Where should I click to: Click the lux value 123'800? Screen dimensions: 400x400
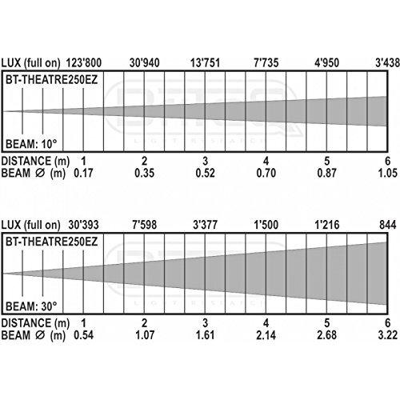[84, 63]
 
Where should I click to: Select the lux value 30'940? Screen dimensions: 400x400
[145, 63]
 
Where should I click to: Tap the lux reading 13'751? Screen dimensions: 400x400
[205, 63]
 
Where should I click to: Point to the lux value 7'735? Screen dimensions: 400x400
[266, 63]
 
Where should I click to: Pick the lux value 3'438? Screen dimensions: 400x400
[387, 63]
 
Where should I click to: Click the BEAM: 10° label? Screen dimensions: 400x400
[31, 144]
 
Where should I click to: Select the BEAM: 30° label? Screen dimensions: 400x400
[31, 306]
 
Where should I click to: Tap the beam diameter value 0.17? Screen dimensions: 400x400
[83, 173]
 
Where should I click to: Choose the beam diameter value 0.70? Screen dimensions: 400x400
[266, 173]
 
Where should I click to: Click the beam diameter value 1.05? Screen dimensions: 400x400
[388, 173]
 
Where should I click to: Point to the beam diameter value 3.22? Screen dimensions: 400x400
[388, 335]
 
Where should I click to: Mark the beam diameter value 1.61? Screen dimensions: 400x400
[205, 335]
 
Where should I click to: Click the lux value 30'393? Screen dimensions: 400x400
[83, 225]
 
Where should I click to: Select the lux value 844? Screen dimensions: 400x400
[388, 225]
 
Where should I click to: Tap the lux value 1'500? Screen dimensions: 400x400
[266, 225]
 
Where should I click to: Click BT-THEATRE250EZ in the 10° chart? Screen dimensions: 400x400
[52, 80]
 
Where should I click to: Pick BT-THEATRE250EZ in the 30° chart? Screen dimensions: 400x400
[52, 242]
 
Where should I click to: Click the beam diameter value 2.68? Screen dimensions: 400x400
[326, 335]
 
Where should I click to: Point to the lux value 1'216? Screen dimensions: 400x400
[327, 225]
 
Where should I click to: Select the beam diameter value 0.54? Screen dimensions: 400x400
[83, 335]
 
